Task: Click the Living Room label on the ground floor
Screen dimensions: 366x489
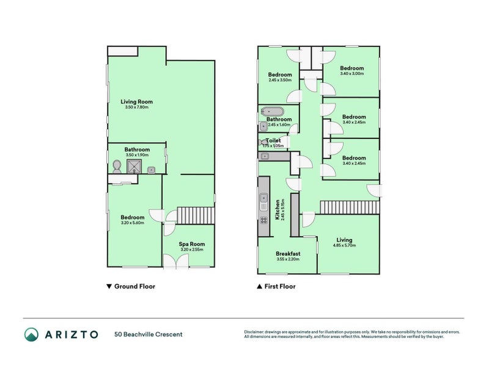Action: tap(136, 102)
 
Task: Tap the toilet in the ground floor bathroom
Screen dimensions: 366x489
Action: tap(117, 166)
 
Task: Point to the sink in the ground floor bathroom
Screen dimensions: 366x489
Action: tap(151, 170)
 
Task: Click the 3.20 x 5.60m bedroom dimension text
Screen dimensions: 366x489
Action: tap(132, 223)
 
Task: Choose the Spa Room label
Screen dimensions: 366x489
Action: tap(193, 243)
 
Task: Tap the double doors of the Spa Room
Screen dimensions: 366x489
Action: tap(175, 262)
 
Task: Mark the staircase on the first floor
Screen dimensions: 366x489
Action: tap(349, 207)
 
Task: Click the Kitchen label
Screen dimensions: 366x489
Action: tap(278, 209)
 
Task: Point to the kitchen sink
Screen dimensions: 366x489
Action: tap(263, 198)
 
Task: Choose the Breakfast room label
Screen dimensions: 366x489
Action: tap(287, 254)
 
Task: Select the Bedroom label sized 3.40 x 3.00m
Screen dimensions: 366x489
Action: tap(352, 68)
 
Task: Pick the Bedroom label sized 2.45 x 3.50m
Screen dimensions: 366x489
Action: tap(280, 74)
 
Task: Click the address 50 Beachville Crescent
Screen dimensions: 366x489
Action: tap(148, 334)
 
